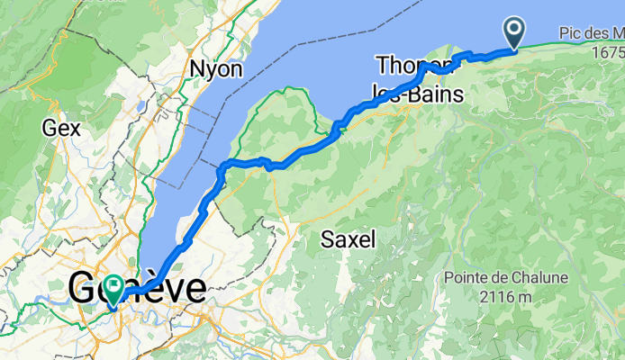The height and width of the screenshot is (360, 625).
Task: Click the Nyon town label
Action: click(216, 69)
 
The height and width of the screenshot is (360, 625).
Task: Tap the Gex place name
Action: click(60, 128)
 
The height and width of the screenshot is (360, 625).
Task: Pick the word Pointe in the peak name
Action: click(469, 278)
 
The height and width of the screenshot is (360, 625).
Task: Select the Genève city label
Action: click(137, 288)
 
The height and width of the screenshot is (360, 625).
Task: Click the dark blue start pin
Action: click(515, 33)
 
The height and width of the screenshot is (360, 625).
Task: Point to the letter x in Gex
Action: click(75, 128)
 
